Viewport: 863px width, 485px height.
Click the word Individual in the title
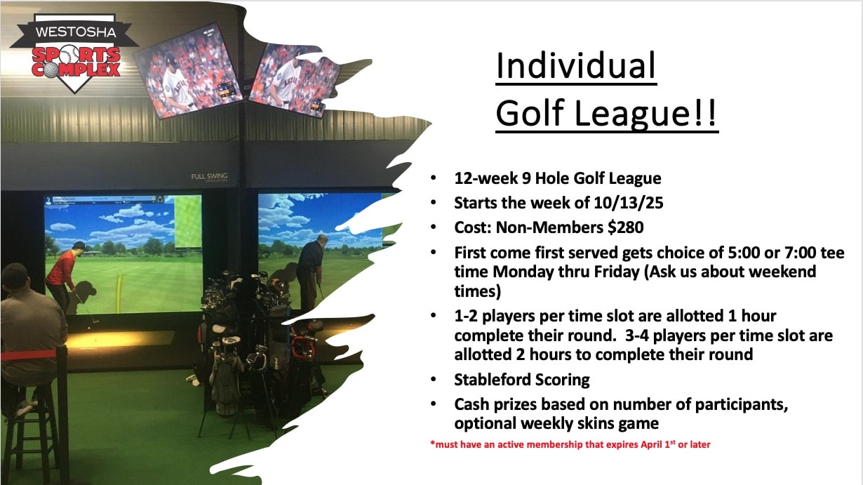(576, 65)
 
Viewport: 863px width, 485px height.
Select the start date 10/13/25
(629, 203)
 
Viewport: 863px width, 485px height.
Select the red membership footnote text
(570, 444)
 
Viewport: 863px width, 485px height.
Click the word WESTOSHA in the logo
(76, 32)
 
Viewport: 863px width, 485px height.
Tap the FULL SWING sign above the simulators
(210, 177)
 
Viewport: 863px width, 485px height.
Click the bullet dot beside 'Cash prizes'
(434, 404)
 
